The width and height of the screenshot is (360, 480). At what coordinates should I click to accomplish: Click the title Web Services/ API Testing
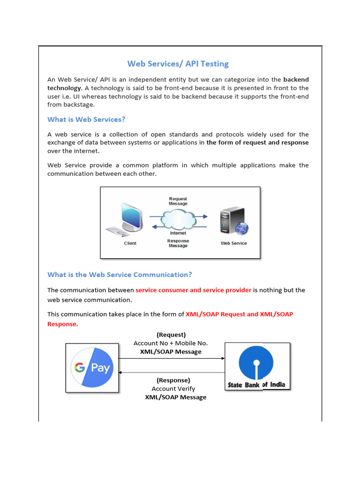tap(178, 64)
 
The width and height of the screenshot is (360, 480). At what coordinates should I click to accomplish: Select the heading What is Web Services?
tap(86, 120)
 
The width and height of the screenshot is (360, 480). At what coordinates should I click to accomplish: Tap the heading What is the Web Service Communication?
tap(120, 275)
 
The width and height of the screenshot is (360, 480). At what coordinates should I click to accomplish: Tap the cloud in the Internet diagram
tap(178, 218)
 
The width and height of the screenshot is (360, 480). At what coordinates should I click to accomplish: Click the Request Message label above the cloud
tap(178, 201)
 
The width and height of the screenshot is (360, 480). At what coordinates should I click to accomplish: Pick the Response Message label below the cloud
tap(178, 243)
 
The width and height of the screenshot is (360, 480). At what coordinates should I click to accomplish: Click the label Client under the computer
tap(130, 243)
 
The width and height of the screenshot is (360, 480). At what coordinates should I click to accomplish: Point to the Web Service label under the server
tap(233, 243)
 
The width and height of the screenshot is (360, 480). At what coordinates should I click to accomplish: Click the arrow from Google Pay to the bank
tap(172, 359)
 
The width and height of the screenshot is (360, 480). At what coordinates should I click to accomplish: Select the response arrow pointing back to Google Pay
tap(172, 373)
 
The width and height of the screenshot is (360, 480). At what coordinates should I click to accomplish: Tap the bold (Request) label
tap(171, 335)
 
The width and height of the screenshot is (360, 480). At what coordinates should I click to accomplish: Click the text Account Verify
tap(173, 389)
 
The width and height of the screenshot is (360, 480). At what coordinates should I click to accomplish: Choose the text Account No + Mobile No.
tap(171, 343)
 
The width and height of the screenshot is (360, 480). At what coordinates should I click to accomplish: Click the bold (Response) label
tap(173, 380)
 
